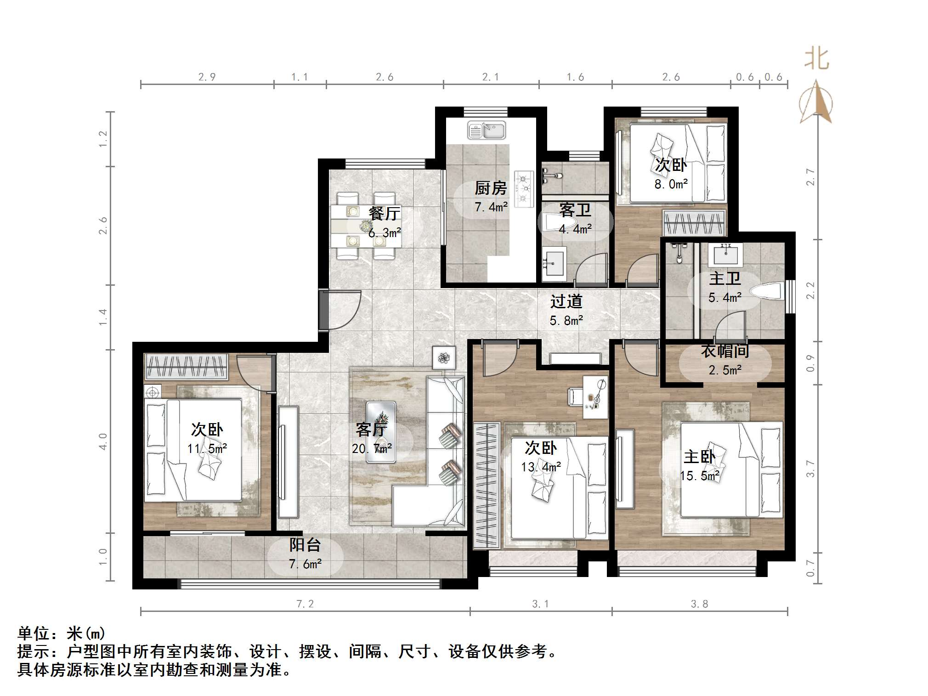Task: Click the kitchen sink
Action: click(486, 130)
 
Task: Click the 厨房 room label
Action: click(491, 188)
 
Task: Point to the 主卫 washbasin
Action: click(725, 255)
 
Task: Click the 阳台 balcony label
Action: click(305, 545)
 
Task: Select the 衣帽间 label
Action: click(725, 351)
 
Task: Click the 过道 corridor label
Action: click(566, 301)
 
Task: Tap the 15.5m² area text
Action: click(699, 476)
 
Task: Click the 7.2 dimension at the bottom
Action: click(305, 604)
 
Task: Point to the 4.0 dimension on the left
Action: click(103, 441)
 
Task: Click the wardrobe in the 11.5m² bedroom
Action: click(187, 367)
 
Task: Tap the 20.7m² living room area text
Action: click(372, 448)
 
